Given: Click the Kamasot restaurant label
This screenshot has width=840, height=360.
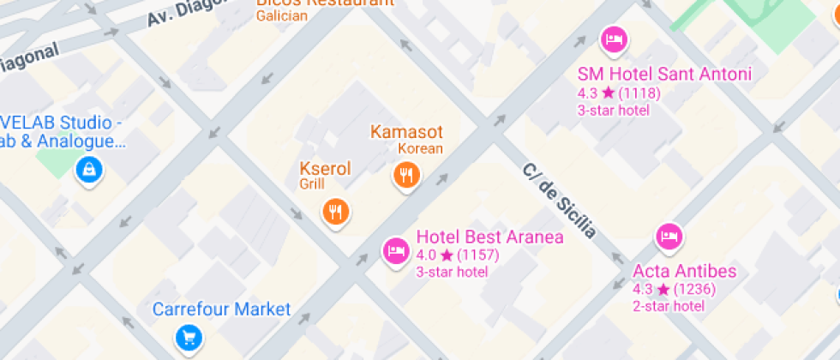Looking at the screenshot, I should (406, 132).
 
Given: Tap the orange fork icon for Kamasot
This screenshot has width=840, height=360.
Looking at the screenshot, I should (405, 176).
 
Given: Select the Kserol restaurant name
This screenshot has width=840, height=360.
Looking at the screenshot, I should (325, 169).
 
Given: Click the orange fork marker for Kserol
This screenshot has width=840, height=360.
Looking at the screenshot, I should (335, 210).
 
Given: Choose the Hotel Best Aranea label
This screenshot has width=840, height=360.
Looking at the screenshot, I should (489, 237).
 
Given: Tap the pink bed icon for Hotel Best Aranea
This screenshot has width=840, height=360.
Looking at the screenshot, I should (394, 250).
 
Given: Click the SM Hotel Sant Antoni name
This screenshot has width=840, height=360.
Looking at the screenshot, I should (664, 75).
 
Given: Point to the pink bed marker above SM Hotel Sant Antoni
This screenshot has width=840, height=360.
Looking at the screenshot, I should (614, 39).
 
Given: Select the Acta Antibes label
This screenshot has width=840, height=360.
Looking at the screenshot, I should (684, 272).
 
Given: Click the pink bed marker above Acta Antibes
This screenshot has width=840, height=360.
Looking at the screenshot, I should (669, 234).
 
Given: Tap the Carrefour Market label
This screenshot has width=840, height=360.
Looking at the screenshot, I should (222, 309).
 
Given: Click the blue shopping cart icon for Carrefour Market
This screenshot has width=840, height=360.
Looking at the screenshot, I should (189, 337).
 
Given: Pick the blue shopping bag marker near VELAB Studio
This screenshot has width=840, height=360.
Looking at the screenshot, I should (88, 169).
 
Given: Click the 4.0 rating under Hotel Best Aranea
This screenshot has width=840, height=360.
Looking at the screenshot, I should (426, 255).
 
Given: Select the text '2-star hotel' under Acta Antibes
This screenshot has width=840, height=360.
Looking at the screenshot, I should (669, 306).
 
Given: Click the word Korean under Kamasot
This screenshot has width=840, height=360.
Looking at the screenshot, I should (421, 148).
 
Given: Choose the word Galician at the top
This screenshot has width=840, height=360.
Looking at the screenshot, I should (281, 15).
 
